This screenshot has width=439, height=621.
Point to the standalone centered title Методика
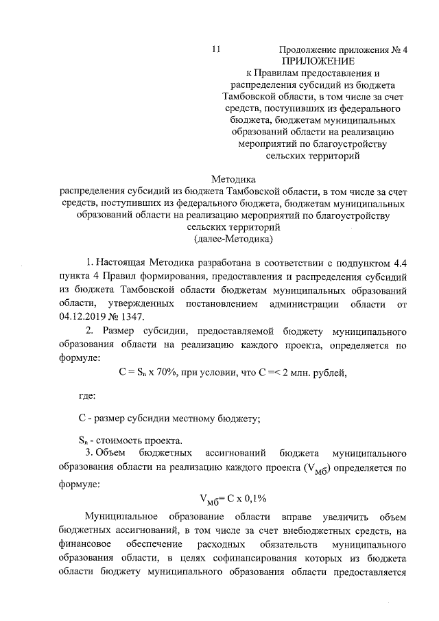[x=233, y=179]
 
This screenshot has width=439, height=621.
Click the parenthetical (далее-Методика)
[x=233, y=239]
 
